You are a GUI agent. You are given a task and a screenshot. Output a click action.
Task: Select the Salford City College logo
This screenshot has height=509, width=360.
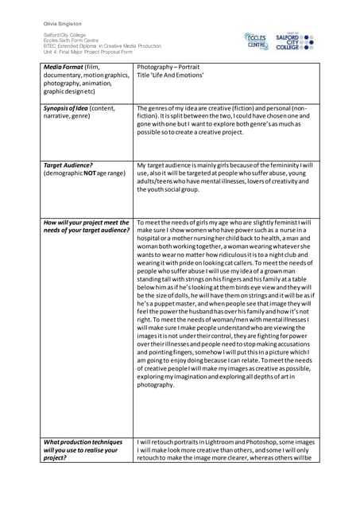click(297, 41)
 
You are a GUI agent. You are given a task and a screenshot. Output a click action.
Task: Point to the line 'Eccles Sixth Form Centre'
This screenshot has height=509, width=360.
click(71, 41)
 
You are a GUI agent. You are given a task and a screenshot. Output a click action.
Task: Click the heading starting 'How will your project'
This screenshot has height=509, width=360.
click(87, 223)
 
